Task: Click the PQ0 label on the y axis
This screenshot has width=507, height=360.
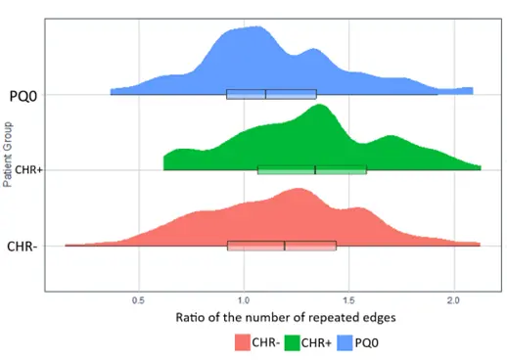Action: coord(23,95)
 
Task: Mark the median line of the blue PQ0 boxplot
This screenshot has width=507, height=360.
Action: coord(265,94)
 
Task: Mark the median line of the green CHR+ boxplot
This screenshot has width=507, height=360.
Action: coord(315,169)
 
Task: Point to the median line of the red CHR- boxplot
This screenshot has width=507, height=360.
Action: coord(285,245)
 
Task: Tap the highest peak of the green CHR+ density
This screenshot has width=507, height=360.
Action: coord(318,105)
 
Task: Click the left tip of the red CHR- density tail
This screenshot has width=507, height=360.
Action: coord(67,245)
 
